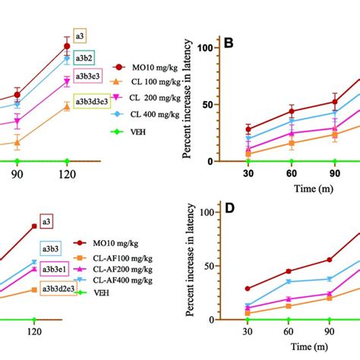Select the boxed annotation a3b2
(84, 57)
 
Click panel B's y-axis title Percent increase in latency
(187, 99)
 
